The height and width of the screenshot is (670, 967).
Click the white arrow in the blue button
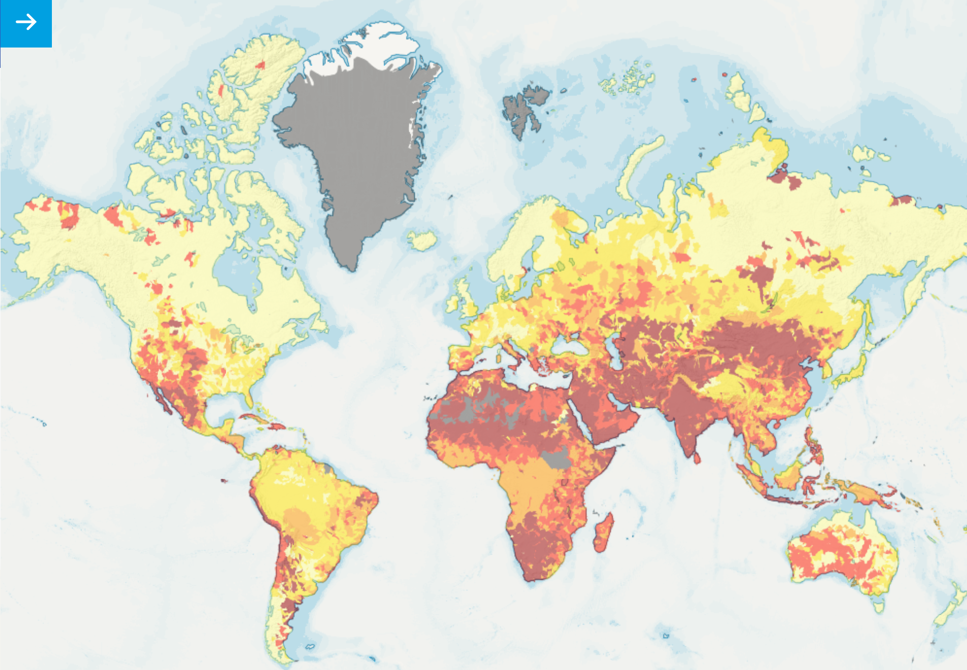(x=26, y=22)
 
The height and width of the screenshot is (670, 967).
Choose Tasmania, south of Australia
(x=878, y=605)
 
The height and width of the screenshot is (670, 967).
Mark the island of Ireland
(x=452, y=303)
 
